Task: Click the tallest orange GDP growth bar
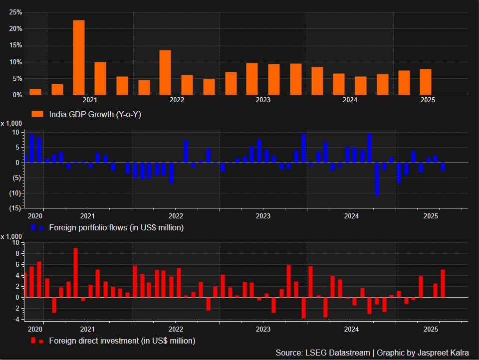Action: click(x=79, y=57)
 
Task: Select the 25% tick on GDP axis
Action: click(x=15, y=12)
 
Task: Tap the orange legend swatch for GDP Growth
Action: click(x=38, y=114)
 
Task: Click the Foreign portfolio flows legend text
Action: click(x=116, y=228)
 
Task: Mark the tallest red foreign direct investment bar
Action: click(x=75, y=272)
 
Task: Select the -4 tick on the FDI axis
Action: click(x=15, y=319)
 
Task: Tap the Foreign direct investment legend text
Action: click(x=122, y=341)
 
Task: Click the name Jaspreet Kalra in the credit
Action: click(x=443, y=353)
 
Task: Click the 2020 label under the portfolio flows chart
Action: click(x=35, y=216)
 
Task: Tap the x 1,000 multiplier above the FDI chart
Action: click(x=11, y=236)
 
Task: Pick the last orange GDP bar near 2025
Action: click(x=426, y=82)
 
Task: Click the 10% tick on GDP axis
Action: click(x=15, y=62)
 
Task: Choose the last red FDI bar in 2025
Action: click(x=443, y=283)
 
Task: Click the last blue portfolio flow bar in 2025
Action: click(x=443, y=167)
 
